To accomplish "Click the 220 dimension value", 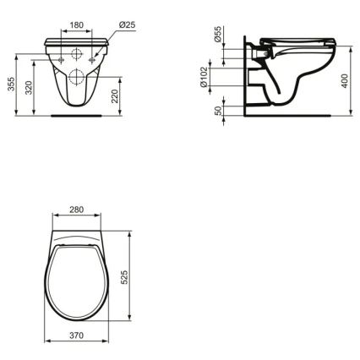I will [126, 97].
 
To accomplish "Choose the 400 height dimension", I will [346, 82].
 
